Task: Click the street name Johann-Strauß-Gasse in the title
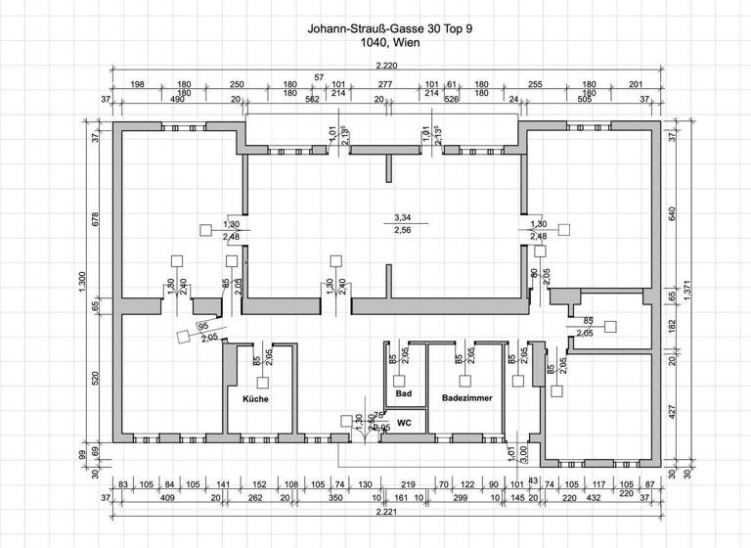(361, 30)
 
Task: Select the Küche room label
(248, 399)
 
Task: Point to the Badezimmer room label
(465, 399)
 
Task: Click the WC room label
(404, 423)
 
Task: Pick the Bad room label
(403, 393)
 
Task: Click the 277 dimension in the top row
(384, 85)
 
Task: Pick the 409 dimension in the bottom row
(167, 497)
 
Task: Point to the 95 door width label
(203, 326)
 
